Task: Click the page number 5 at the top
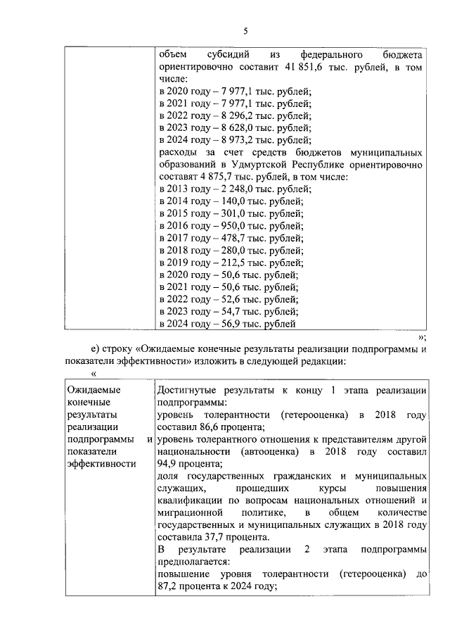tap(245, 30)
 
